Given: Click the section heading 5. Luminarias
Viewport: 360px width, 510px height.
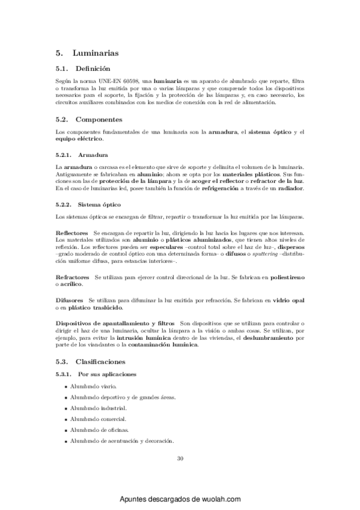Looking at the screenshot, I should [x=85, y=54].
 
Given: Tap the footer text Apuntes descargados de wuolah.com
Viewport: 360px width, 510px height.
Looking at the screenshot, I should [x=180, y=499].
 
